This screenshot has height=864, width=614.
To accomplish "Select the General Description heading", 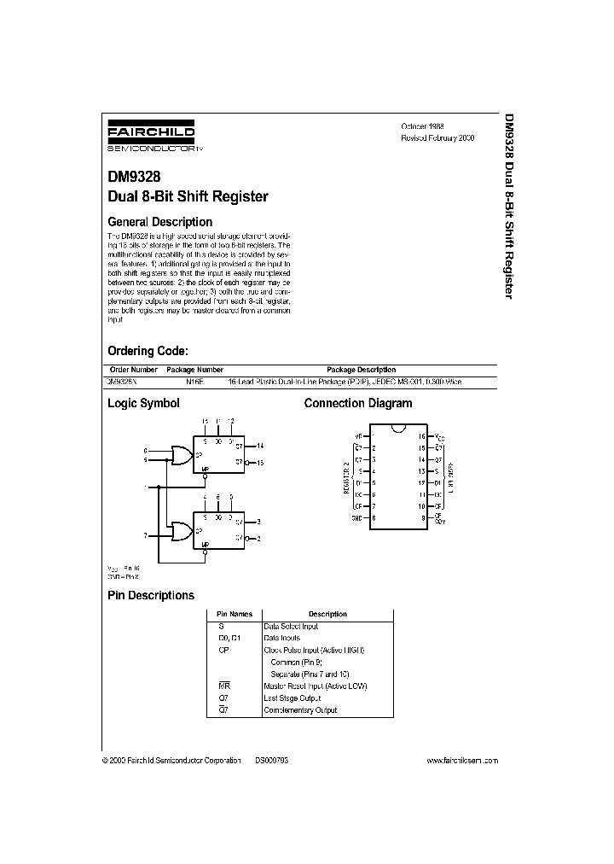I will pos(159,222).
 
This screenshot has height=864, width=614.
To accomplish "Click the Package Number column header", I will pos(194,370).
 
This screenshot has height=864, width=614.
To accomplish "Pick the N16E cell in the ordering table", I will pos(194,382).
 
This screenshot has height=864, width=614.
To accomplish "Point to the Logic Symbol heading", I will pos(142,403).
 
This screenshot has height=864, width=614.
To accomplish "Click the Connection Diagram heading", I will pos(358,403).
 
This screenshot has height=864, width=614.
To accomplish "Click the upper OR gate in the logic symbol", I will pos(181,455).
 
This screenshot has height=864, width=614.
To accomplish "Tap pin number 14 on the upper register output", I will pos(259,446).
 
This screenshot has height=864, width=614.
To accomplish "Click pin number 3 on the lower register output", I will pos(258,521).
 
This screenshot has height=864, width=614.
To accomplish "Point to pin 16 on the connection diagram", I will pos(421,435).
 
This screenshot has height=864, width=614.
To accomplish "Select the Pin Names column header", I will pos(234,614).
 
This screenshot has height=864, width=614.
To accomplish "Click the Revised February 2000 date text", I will pos(437,137).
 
